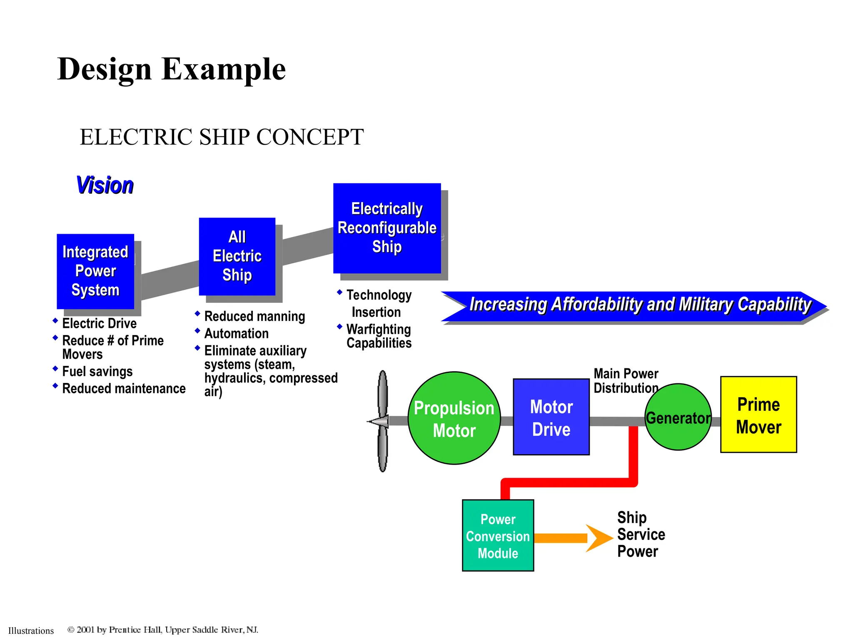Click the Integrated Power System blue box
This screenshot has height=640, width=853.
point(95,271)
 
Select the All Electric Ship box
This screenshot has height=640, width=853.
point(237,256)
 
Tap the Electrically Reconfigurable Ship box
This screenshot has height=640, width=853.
point(387,228)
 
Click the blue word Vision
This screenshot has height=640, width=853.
point(105,185)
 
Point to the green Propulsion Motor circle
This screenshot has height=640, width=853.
point(454,418)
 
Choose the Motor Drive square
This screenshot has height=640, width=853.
point(551,417)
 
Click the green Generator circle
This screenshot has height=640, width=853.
point(678,417)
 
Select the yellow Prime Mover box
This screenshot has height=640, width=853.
point(758,415)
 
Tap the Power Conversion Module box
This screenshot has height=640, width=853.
point(498,536)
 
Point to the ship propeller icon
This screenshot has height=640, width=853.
point(382,421)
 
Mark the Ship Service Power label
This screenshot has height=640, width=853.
point(640,535)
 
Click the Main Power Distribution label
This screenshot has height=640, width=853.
point(626,381)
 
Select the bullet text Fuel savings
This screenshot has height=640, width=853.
point(97,371)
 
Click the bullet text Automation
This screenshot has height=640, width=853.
point(236,334)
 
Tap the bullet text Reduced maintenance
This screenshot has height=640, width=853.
point(124,389)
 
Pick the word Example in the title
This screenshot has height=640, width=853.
point(224,70)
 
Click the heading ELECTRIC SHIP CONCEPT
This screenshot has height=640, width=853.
point(222,137)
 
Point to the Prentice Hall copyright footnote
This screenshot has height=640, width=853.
point(162,630)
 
